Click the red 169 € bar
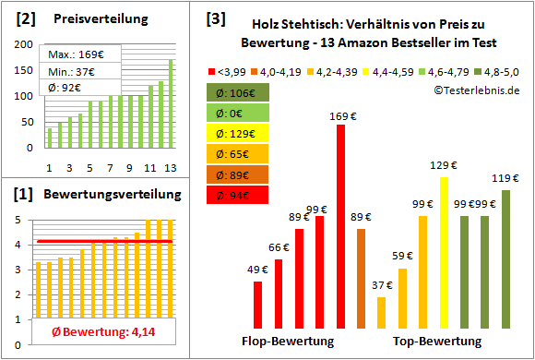click(340, 226)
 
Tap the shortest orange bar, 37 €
click(382, 312)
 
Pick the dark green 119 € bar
click(505, 258)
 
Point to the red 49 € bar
click(257, 305)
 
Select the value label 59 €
click(401, 257)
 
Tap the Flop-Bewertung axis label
click(288, 341)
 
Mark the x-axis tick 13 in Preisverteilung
click(170, 167)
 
